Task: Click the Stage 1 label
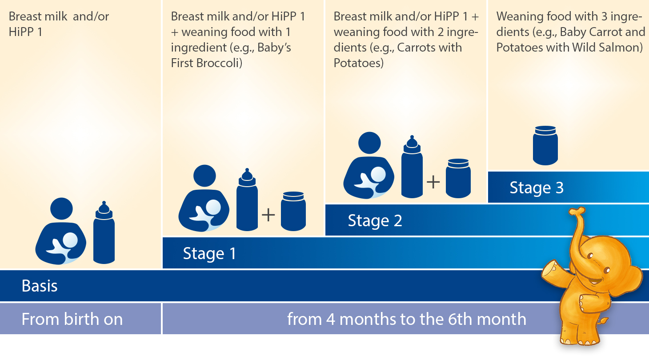(209, 254)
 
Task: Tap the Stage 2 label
(375, 221)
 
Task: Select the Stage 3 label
(537, 188)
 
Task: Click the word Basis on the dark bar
(40, 286)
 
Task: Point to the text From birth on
(72, 319)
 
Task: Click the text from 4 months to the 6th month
(406, 319)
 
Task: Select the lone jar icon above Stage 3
(545, 145)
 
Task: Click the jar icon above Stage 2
(458, 178)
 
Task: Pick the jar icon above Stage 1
(293, 211)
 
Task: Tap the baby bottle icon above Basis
(104, 232)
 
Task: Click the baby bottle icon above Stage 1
(247, 200)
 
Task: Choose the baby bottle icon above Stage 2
(412, 167)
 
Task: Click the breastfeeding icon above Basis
(61, 231)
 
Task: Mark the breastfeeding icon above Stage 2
(369, 165)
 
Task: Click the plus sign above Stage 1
(268, 215)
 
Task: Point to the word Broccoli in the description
(219, 63)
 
